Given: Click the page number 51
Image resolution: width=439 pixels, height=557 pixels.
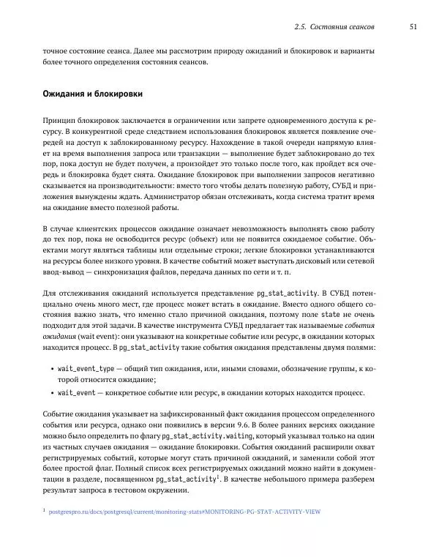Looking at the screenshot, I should point(413,26).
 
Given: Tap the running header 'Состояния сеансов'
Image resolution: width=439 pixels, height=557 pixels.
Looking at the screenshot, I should point(342,26).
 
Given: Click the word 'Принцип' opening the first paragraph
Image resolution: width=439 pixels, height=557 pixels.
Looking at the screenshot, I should point(63,118).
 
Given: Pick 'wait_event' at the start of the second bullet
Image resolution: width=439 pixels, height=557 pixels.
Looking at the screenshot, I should point(76,393).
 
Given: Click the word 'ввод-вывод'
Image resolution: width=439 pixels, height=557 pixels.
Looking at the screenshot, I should point(64,273).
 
